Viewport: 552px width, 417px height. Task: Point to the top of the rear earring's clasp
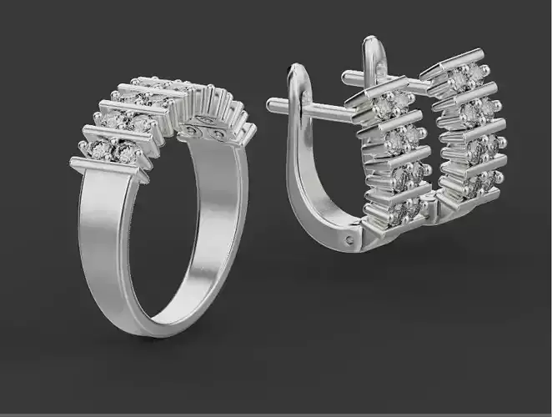coord(369,43)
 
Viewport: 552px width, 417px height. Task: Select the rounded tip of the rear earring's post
coord(346,78)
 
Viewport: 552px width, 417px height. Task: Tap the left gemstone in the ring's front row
coord(101,150)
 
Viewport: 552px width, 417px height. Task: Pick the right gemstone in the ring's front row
coord(126,153)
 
